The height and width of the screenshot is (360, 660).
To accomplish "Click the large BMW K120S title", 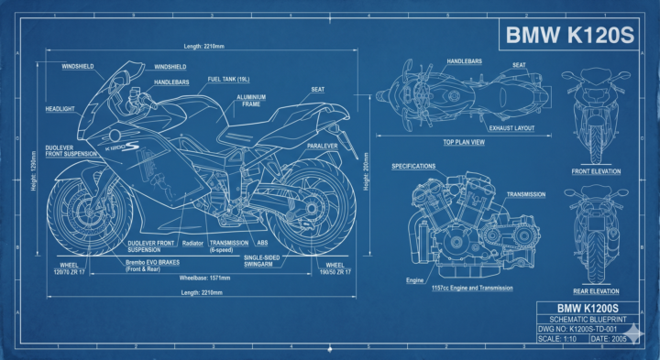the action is (569, 35).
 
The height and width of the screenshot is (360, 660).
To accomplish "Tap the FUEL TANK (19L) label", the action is (228, 80).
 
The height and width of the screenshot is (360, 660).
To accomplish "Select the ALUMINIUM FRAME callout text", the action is (251, 101).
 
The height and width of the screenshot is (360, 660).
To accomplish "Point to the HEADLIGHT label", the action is (60, 109).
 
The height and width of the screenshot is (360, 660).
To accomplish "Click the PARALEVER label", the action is (323, 146).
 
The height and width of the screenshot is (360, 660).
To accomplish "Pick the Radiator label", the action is (192, 243).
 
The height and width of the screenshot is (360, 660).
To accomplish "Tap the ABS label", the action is (262, 243).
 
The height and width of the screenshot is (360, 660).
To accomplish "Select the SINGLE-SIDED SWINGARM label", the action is (261, 261).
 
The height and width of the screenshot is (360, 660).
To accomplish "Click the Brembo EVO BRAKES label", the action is (152, 266).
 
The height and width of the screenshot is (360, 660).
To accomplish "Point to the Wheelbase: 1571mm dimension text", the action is (204, 278).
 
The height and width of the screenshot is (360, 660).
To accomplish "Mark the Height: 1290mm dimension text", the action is (34, 170).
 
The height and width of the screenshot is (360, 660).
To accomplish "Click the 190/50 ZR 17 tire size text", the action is (335, 272).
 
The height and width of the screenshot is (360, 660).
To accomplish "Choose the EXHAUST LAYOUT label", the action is (511, 128).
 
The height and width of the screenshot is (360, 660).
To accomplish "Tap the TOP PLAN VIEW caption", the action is (464, 142).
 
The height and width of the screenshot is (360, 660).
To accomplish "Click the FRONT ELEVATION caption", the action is (596, 171).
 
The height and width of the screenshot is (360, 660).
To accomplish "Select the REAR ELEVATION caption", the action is (596, 291).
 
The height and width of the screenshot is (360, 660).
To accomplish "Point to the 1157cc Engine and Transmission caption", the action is (472, 288).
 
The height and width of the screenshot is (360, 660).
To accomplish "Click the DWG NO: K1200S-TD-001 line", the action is (577, 329).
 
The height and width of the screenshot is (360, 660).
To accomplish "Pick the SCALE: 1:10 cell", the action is (557, 339).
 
